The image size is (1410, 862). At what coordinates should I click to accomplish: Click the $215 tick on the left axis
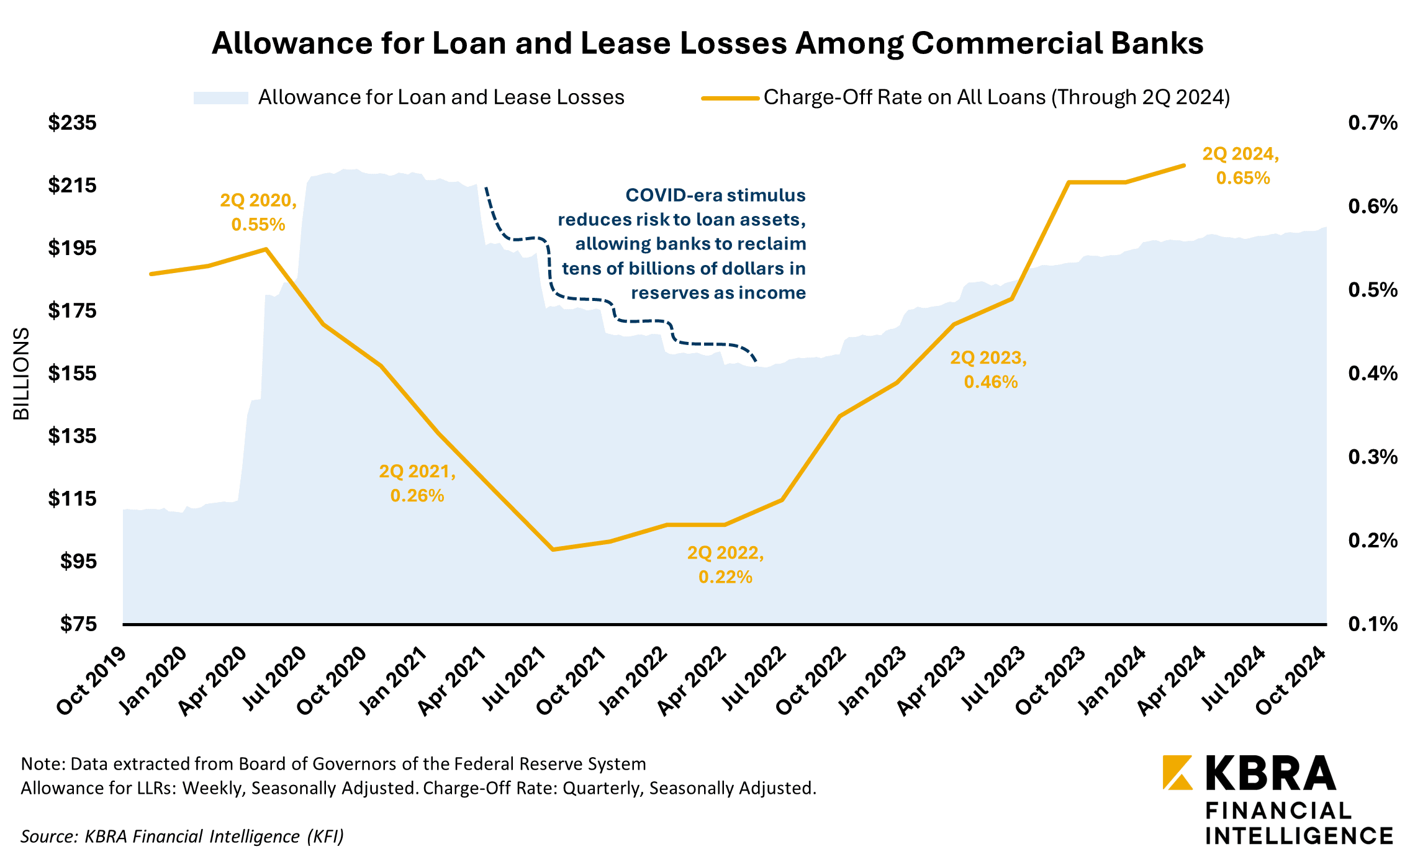point(73,185)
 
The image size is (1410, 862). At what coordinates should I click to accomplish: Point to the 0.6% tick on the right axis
point(1372,206)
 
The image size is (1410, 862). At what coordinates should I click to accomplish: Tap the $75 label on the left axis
point(78,624)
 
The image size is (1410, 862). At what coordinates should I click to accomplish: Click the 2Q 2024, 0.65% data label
point(1241,166)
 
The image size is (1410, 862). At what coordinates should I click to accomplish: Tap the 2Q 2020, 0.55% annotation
point(258,212)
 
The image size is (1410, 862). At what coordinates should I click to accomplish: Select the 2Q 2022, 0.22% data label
point(725,565)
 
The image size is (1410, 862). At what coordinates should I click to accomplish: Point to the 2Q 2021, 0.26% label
point(417,483)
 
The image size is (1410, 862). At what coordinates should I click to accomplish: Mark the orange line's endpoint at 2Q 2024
point(1183,166)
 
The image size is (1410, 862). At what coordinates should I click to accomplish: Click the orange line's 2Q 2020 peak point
point(266,249)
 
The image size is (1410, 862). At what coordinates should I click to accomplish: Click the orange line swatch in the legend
point(730,98)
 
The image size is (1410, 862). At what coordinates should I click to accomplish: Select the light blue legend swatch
point(220,98)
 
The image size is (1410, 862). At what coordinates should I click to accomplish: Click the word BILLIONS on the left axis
point(22,374)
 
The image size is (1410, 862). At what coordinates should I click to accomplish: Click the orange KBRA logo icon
point(1177,772)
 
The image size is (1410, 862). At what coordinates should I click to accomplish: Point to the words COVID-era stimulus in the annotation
point(715,195)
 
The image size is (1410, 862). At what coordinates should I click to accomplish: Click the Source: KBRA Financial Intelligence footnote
point(182,837)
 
